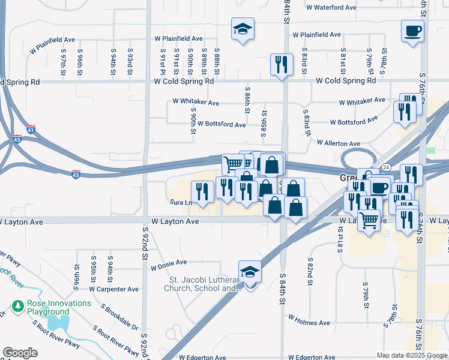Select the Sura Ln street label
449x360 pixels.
coord(181,203)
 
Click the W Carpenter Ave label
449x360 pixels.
coord(113,289)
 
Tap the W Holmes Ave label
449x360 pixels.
coord(309,323)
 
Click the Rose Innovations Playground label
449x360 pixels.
coord(59,307)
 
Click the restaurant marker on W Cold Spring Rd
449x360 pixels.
coord(281,64)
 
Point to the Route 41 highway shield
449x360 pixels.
coord(31,129)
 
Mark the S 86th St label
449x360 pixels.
coord(247,100)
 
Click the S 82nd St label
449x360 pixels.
coord(310,268)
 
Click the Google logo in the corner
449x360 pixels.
coord(20,353)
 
